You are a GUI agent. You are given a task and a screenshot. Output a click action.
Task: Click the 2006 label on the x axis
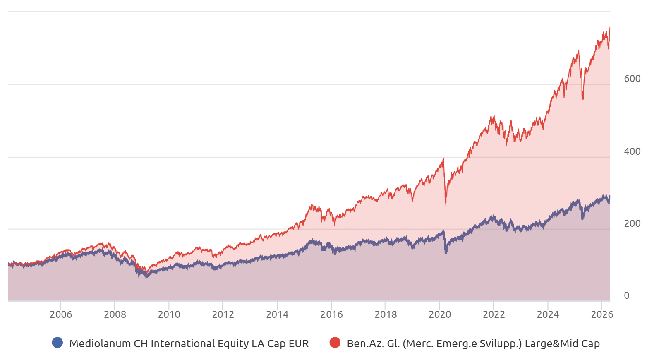click(x=61, y=314)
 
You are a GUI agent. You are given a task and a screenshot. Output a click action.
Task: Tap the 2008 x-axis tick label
click(x=115, y=314)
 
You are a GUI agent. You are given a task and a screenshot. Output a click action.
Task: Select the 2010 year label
click(x=169, y=314)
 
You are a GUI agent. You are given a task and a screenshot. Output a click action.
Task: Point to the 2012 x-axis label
click(x=223, y=314)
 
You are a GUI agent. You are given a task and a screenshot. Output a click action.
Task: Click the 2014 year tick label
click(x=277, y=314)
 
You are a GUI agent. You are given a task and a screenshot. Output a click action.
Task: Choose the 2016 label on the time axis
click(x=331, y=314)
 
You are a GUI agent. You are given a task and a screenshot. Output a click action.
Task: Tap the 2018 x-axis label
click(x=386, y=314)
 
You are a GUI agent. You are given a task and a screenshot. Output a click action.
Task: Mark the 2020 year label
click(x=440, y=314)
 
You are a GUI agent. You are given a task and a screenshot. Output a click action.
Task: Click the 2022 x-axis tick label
click(x=494, y=314)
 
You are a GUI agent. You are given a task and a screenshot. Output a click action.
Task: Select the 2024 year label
click(x=548, y=314)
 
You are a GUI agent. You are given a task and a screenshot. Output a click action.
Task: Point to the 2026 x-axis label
click(x=602, y=314)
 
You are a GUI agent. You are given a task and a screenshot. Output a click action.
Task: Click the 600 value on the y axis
click(x=632, y=79)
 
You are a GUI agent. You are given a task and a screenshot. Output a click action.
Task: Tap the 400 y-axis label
click(x=632, y=151)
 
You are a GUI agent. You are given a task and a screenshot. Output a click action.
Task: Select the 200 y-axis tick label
click(x=632, y=223)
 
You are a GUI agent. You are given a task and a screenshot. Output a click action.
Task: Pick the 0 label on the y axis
click(x=627, y=295)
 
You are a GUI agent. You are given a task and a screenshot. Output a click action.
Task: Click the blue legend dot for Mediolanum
click(x=58, y=343)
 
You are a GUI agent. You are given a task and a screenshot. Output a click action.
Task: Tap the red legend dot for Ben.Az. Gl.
click(x=335, y=343)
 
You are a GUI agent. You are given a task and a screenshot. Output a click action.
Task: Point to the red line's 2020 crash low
click(x=446, y=205)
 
